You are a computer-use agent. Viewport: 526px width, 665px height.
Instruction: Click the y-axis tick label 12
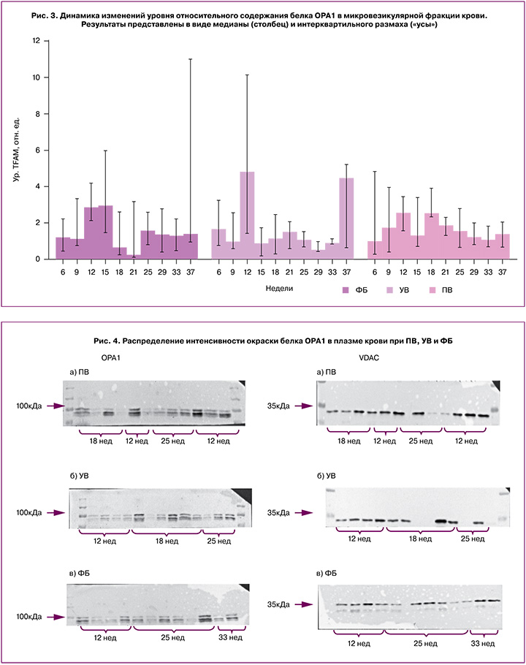tap(35, 41)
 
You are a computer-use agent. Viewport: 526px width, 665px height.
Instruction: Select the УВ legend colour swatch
tap(392, 291)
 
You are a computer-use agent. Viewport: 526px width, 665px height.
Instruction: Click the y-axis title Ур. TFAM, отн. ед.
tap(15, 150)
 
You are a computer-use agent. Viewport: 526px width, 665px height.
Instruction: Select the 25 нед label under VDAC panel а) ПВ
tap(419, 441)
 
